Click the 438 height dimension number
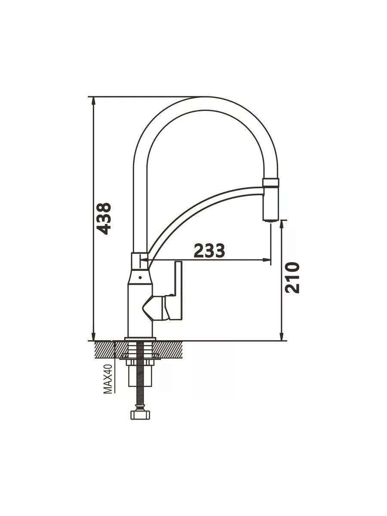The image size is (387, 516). pyautogui.click(x=104, y=218)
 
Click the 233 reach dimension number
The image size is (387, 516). pyautogui.click(x=209, y=250)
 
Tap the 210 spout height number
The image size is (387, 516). pyautogui.click(x=292, y=278)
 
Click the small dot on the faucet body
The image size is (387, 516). pyautogui.click(x=140, y=278)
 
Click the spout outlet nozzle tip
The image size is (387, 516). pyautogui.click(x=270, y=220)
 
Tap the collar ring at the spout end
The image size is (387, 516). pyautogui.click(x=270, y=183)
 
